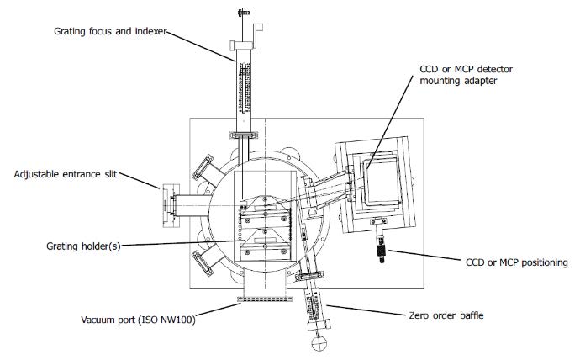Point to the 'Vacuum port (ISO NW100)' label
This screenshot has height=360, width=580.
click(138, 320)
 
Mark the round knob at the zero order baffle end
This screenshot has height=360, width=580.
click(319, 342)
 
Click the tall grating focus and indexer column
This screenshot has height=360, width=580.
click(243, 84)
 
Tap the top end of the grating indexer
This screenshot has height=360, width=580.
click(244, 12)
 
